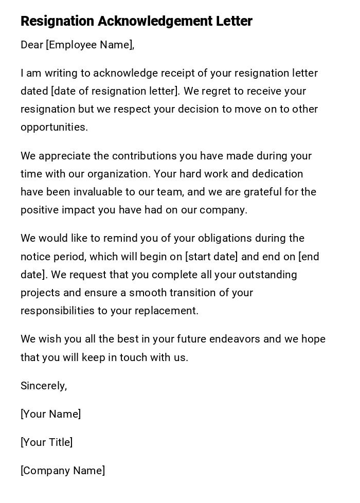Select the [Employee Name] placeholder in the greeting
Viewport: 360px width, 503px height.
89,45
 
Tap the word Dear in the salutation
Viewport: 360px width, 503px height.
32,45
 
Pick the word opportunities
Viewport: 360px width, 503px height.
53,128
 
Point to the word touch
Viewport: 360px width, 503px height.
133,357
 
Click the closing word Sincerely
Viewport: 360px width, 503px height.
43,386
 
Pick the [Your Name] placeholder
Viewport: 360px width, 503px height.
50,414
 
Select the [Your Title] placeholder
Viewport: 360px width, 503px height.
46,442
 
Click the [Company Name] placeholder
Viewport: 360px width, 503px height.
63,471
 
